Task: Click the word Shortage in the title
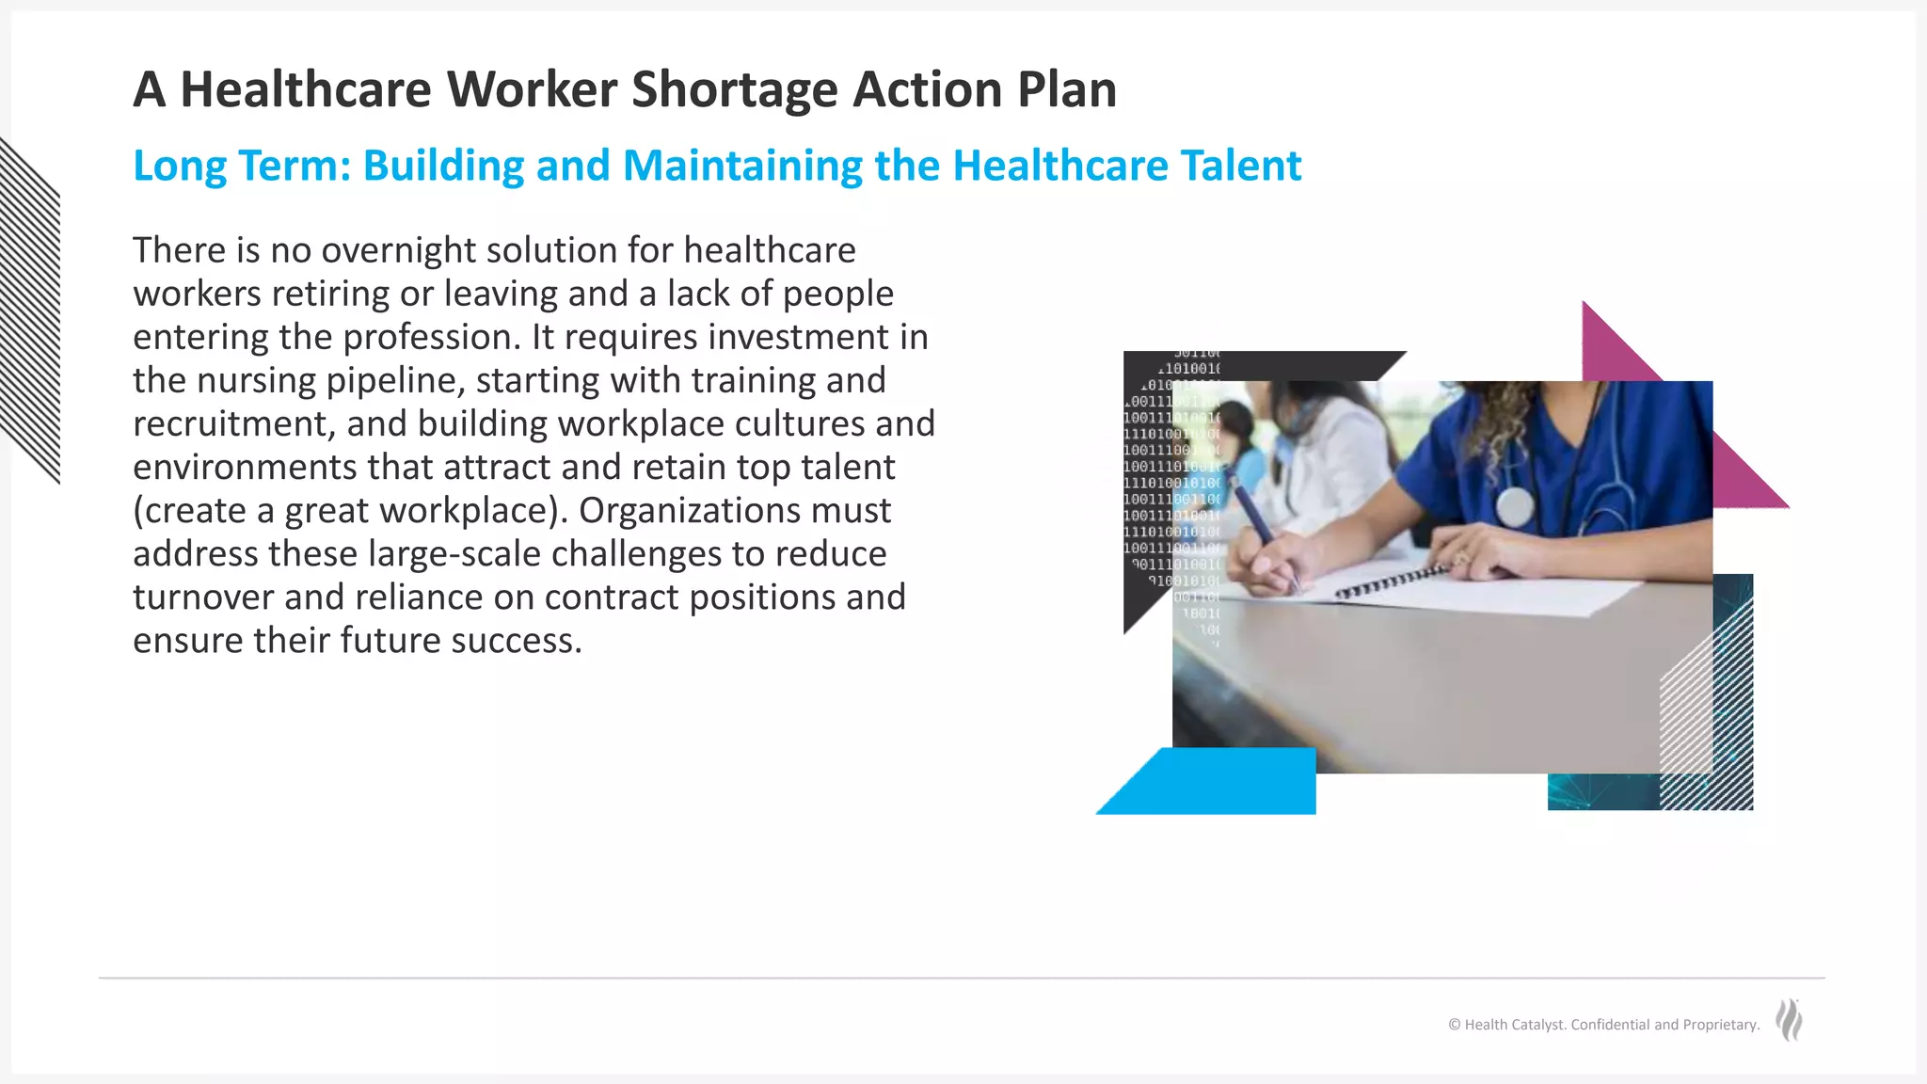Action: pos(734,90)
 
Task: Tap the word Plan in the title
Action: pos(1066,90)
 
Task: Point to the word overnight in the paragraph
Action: pos(389,250)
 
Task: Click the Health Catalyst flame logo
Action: pos(1789,1020)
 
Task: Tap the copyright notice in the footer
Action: pos(1603,1025)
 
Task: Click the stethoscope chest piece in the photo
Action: pos(1514,507)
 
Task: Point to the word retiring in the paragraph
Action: pos(330,294)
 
